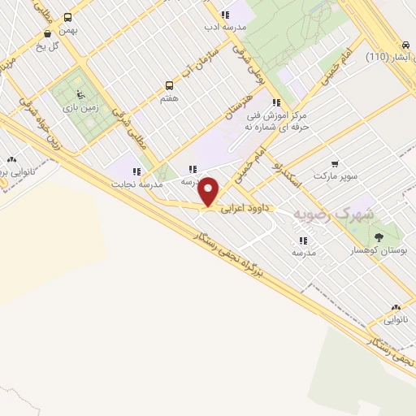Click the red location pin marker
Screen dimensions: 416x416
[x=210, y=192]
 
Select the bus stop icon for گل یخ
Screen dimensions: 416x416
[x=48, y=33]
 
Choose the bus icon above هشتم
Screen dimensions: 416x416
[x=170, y=84]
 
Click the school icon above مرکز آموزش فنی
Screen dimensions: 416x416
[x=276, y=102]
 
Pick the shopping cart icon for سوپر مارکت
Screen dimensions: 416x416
[x=334, y=162]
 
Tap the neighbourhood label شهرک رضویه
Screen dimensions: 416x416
[x=323, y=214]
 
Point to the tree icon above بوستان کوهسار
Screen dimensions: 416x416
[x=379, y=237]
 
